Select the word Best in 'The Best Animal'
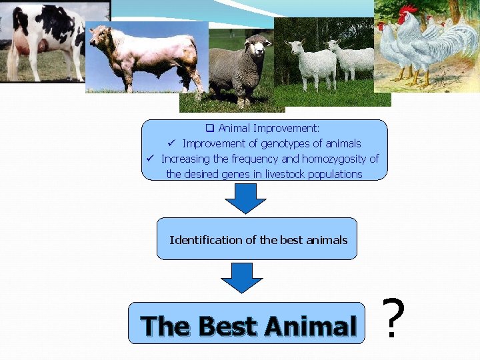pos(227,327)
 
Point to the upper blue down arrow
pos(245,197)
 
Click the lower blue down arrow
pos(242,277)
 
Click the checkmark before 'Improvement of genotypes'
pos(171,143)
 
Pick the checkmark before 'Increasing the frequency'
pos(151,159)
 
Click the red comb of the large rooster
pos(406,10)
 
